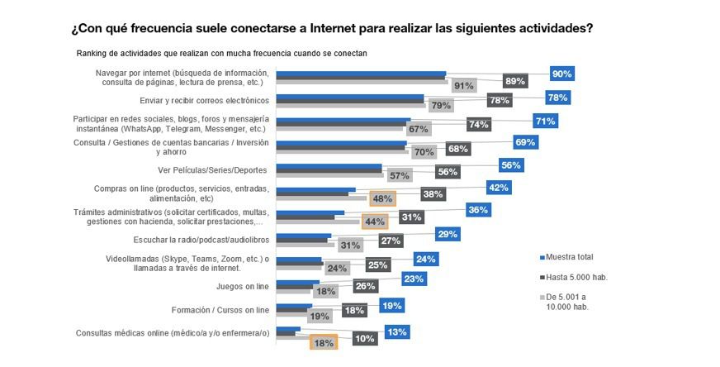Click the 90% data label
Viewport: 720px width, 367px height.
pyautogui.click(x=562, y=74)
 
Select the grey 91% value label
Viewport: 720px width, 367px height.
pyautogui.click(x=463, y=86)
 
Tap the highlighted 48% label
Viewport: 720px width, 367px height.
pyautogui.click(x=382, y=198)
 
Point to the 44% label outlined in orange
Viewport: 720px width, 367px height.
pyautogui.click(x=375, y=222)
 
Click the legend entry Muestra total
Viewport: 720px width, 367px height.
pyautogui.click(x=571, y=257)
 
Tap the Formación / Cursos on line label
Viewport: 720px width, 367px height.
pyautogui.click(x=219, y=310)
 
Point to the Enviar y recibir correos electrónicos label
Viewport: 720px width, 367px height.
pyautogui.click(x=206, y=101)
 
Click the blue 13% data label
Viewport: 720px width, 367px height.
pyautogui.click(x=396, y=331)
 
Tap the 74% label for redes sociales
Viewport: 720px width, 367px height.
pyautogui.click(x=478, y=125)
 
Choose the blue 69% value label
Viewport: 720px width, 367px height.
pyautogui.click(x=525, y=142)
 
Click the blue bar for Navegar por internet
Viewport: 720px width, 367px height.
pyautogui.click(x=361, y=74)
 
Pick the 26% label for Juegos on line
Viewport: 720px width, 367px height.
pyautogui.click(x=364, y=286)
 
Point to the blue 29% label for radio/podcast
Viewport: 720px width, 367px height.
pyautogui.click(x=448, y=235)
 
